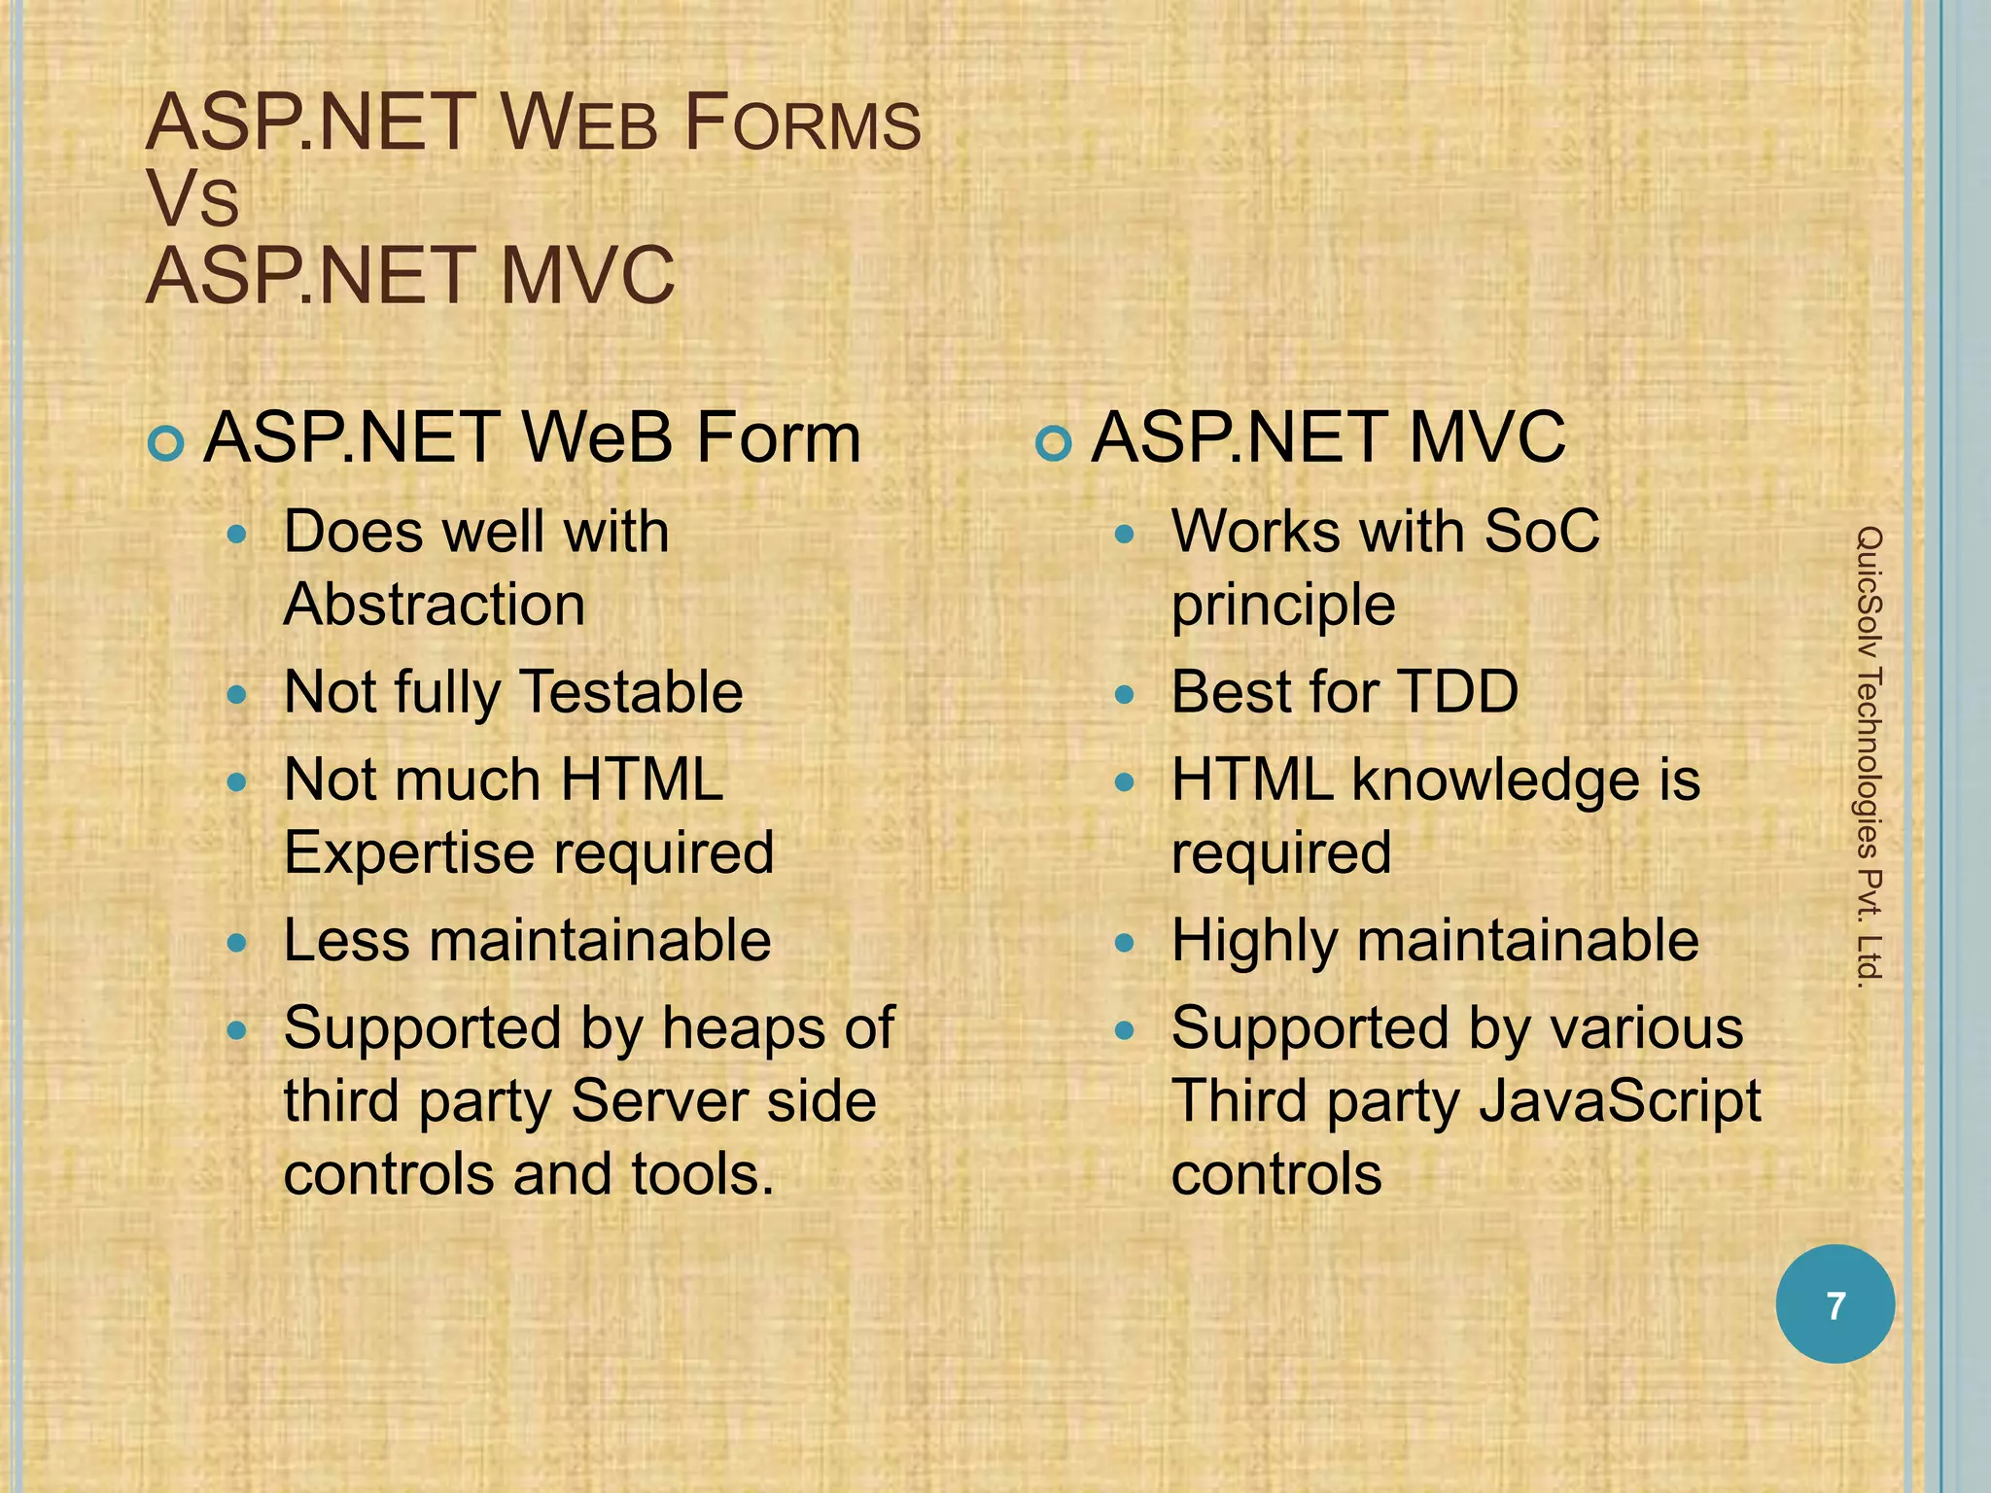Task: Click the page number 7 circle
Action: (x=1834, y=1304)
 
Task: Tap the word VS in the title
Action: (x=192, y=200)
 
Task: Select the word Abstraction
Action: (x=435, y=605)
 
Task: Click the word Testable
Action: (x=632, y=692)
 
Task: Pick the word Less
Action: (x=346, y=941)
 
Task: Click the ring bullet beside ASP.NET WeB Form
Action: (x=166, y=444)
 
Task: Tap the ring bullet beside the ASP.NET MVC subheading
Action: (x=1054, y=444)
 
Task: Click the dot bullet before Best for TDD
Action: (x=1125, y=694)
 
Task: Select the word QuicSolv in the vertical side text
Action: (x=1869, y=583)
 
